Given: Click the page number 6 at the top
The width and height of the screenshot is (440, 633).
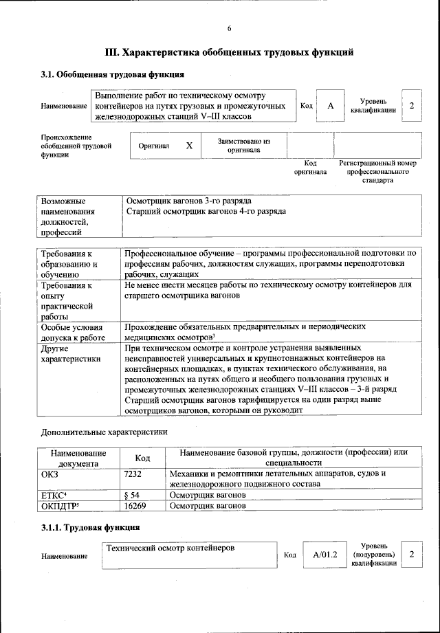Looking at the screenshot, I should [x=229, y=28].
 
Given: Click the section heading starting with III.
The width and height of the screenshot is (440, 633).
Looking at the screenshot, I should [x=229, y=52].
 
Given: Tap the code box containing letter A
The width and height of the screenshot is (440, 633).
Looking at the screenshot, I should [x=330, y=106].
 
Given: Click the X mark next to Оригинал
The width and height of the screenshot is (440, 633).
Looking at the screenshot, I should [x=189, y=146].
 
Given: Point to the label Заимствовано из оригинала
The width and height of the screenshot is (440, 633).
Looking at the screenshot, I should [x=243, y=145].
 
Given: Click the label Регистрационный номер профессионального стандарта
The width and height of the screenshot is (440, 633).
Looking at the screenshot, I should [x=378, y=172].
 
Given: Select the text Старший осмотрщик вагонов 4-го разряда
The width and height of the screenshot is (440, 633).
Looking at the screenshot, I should [x=206, y=211].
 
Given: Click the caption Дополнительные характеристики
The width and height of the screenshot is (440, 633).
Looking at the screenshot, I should [x=104, y=432].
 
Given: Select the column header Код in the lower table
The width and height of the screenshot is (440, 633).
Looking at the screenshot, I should [x=142, y=458].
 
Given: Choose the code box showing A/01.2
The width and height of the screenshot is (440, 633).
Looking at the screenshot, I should [x=324, y=554].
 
